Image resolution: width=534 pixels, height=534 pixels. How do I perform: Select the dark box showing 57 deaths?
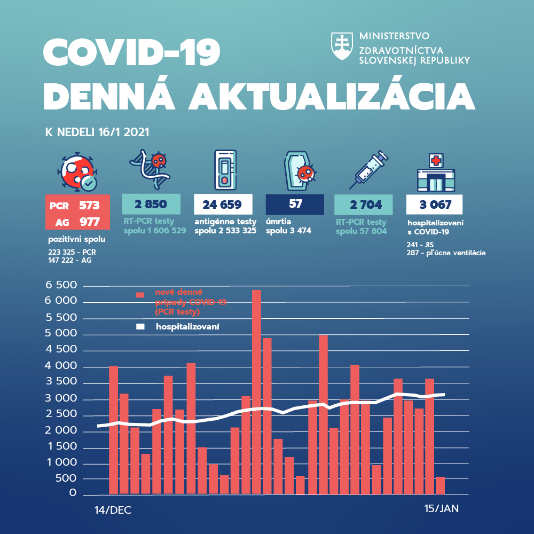[x=295, y=204]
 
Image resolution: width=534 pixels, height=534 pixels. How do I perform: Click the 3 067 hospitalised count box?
[x=434, y=205]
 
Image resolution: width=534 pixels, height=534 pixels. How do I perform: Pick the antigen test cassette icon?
[x=225, y=170]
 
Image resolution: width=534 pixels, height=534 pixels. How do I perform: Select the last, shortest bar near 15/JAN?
[x=440, y=485]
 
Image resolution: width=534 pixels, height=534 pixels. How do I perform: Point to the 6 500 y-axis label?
[x=62, y=286]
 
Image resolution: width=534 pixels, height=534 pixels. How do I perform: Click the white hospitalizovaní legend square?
[x=140, y=326]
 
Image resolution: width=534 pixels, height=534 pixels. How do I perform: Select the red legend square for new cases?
[x=140, y=295]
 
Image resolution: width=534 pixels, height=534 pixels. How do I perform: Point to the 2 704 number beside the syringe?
[x=363, y=205]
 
